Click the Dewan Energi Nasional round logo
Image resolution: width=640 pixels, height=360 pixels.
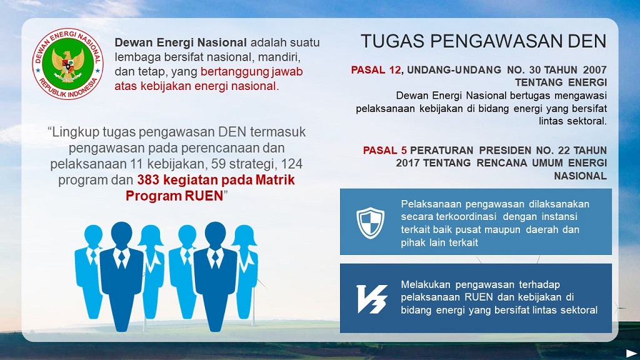click(67, 64)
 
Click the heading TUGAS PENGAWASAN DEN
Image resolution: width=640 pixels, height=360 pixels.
click(484, 42)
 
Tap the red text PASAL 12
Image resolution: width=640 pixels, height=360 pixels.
click(376, 70)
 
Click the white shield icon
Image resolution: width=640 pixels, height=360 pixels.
click(370, 222)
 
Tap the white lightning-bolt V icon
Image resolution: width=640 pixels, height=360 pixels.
click(372, 299)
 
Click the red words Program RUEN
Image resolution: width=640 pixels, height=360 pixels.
click(174, 196)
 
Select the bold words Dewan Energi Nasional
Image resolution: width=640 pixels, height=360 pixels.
click(181, 42)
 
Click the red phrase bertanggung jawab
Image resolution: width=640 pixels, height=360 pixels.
click(251, 72)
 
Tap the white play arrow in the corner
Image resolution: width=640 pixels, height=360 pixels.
click(631, 353)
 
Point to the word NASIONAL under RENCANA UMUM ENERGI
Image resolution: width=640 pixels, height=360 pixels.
click(580, 176)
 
